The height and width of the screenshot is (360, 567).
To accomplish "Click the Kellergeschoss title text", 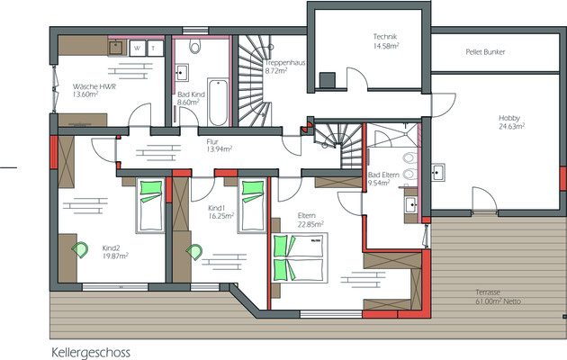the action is pyautogui.click(x=91, y=353).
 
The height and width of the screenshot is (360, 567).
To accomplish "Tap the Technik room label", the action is pyautogui.click(x=385, y=37).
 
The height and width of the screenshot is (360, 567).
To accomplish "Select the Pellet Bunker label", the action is pyautogui.click(x=485, y=52).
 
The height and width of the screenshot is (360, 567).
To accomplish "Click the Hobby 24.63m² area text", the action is pyautogui.click(x=512, y=122).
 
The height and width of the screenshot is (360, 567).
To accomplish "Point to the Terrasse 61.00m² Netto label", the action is pyautogui.click(x=498, y=297).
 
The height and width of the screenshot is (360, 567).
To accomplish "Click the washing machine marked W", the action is pyautogui.click(x=138, y=48).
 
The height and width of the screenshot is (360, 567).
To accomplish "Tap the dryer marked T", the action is pyautogui.click(x=154, y=48).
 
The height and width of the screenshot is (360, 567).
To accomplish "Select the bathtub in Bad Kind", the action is pyautogui.click(x=218, y=102).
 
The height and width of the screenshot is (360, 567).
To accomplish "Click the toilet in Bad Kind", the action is pyautogui.click(x=194, y=45).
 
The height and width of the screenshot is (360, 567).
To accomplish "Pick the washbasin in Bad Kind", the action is pyautogui.click(x=181, y=72).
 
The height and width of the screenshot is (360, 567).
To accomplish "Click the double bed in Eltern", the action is pyautogui.click(x=300, y=257).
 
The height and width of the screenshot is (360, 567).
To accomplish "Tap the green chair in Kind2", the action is pyautogui.click(x=80, y=250).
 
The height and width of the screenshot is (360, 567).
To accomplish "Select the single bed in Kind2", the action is pyautogui.click(x=150, y=206).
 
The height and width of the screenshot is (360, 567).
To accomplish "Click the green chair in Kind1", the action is pyautogui.click(x=194, y=252).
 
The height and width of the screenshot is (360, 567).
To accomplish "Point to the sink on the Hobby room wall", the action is pyautogui.click(x=437, y=172).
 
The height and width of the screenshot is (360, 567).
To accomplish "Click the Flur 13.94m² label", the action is pyautogui.click(x=219, y=145).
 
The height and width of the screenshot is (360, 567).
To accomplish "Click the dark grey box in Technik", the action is pyautogui.click(x=328, y=80).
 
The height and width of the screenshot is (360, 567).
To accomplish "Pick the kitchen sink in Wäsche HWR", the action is pyautogui.click(x=116, y=48).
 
